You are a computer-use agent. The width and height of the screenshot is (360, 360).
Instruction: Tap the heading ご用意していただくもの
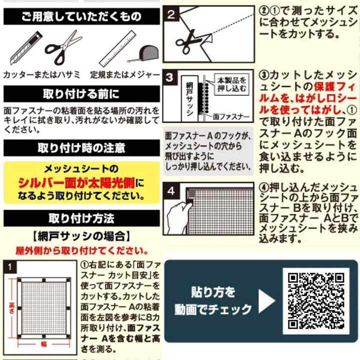80,17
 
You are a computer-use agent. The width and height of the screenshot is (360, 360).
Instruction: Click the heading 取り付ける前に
80,93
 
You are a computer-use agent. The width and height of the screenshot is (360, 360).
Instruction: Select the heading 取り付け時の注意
80,148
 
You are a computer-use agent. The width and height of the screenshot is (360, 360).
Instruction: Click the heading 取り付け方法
80,218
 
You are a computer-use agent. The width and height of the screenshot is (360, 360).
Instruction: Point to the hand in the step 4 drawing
177,218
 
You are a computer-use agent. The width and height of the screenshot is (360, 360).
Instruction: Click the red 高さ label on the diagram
11,306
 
